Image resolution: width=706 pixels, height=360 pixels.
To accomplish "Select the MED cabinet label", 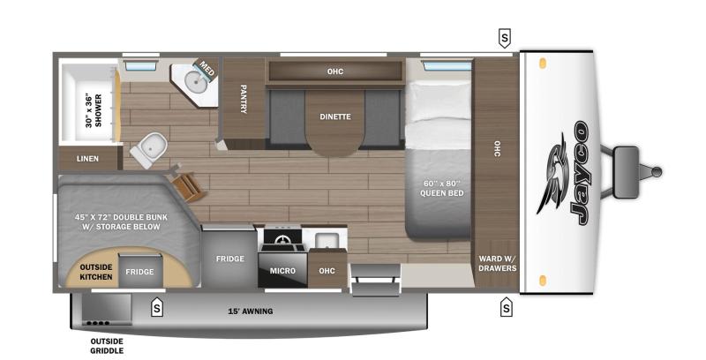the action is click(207, 69).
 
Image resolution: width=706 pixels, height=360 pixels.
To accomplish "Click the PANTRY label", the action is click(244, 99).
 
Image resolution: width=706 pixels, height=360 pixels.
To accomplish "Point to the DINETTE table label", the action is click(335, 116).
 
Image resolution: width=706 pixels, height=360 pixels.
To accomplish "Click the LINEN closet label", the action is click(87, 159).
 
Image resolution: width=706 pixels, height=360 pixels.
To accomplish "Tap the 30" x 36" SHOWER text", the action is click(94, 110).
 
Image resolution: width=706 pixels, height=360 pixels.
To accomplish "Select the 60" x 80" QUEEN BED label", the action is click(441, 188).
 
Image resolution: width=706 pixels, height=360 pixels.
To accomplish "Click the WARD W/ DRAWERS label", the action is click(497, 263).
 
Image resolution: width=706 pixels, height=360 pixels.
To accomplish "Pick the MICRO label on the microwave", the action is click(282, 271).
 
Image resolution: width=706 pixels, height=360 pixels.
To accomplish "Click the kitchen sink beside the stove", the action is click(324, 240).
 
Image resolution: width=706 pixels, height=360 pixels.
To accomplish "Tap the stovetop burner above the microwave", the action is click(282, 239).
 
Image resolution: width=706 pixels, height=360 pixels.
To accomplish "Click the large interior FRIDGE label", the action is click(230, 259).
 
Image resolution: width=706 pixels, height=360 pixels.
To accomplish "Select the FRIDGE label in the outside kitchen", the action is click(139, 272).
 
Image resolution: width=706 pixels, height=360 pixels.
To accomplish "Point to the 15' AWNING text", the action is click(251, 311).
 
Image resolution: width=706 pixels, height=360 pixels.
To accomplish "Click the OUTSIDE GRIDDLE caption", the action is click(107, 346).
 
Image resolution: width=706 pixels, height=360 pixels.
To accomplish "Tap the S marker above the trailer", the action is click(505, 38).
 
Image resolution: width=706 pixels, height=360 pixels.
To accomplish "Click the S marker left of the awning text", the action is click(156, 307).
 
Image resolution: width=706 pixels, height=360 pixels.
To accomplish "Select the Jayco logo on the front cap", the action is click(563, 173).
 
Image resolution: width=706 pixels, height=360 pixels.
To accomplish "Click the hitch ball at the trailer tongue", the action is click(657, 172).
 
